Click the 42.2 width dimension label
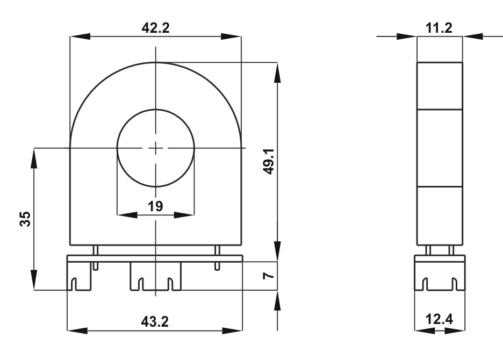(156, 28)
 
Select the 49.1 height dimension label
(268, 161)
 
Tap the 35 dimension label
(25, 219)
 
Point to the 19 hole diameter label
(156, 206)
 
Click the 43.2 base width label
(155, 321)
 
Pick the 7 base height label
(268, 276)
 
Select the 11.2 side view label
(439, 28)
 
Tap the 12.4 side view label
(439, 319)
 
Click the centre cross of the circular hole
(156, 148)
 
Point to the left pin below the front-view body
(95, 258)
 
